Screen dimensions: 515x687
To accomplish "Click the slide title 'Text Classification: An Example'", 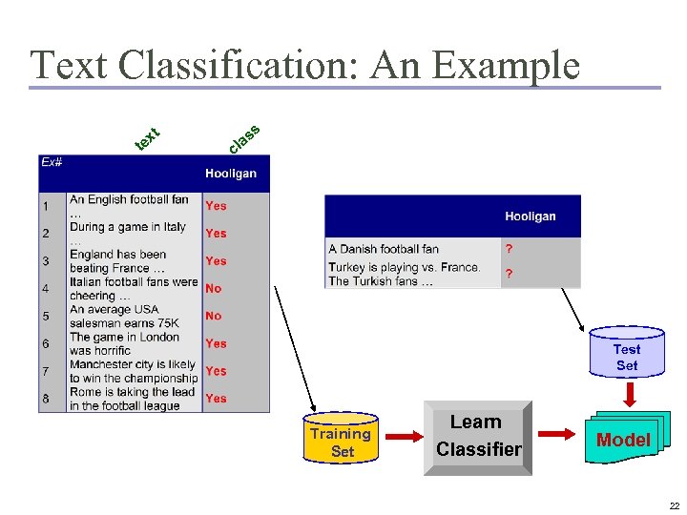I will (x=305, y=65).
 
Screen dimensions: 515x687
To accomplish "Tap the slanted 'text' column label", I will (x=146, y=139).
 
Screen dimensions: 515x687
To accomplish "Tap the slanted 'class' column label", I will (x=244, y=138).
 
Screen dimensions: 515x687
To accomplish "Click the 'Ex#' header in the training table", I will (x=52, y=162).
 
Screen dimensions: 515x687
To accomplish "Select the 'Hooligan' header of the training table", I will (x=231, y=174).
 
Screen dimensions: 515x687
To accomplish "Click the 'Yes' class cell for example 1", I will (x=217, y=205).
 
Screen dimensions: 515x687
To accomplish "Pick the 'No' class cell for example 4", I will (x=214, y=288).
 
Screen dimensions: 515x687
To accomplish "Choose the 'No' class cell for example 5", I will (x=214, y=316).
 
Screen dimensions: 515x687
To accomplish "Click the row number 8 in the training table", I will (x=45, y=399).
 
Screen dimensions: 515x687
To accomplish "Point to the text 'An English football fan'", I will (x=129, y=199).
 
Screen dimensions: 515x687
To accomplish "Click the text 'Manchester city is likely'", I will (x=133, y=364).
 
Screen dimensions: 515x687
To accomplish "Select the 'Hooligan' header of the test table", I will (x=530, y=216).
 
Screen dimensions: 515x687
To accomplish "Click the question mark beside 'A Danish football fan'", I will (x=509, y=249).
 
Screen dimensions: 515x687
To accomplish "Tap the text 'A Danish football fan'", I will (x=384, y=249).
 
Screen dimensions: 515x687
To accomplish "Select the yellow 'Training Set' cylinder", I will (x=341, y=441).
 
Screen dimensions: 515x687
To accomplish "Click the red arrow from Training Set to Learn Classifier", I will (x=403, y=438).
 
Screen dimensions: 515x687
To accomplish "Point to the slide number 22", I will (x=675, y=505).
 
